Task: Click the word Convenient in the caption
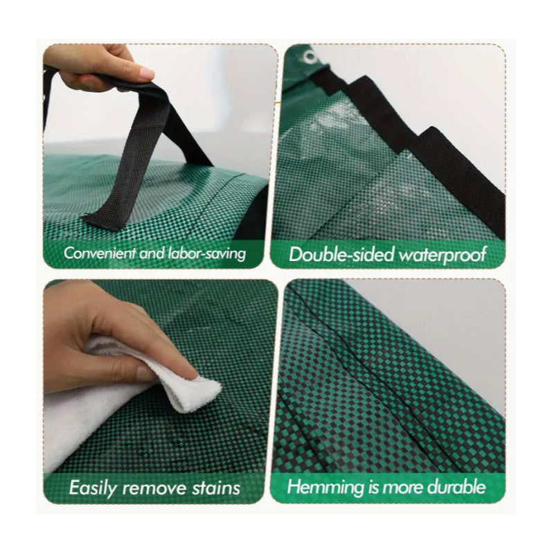[100, 253]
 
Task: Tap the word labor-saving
[206, 253]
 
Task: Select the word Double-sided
[341, 254]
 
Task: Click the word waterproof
[442, 255]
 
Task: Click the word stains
[216, 488]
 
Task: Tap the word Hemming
[325, 488]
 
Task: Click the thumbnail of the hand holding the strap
[143, 73]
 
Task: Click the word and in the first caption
[152, 253]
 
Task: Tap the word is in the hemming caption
[373, 487]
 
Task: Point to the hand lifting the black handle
[99, 67]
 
